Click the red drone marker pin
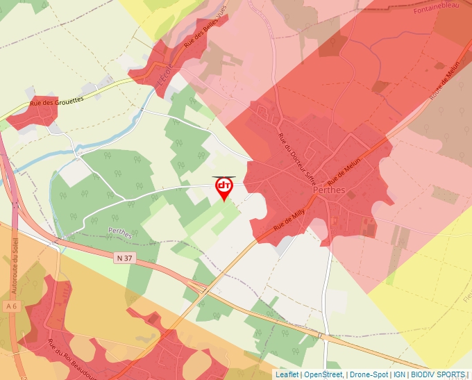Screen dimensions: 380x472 pos(224,188)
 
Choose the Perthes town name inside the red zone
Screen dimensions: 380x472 pos(329,190)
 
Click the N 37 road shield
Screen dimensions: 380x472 pos(124,258)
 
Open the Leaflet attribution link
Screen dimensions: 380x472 pos(287,374)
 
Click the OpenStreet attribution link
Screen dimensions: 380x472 pos(323,374)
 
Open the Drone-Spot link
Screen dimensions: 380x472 pos(369,374)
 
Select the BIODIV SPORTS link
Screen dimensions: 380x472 pos(437,374)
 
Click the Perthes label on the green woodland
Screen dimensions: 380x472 pos(120,233)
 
